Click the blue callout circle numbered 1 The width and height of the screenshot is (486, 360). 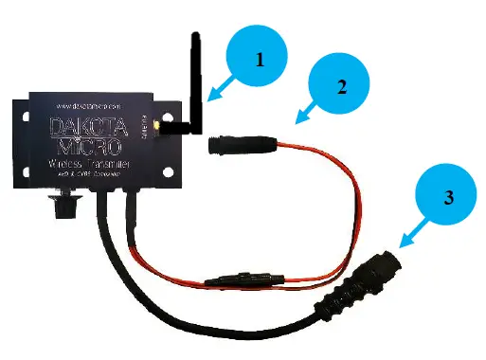pos(258,58)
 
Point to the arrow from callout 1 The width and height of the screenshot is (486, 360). pos(220,93)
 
